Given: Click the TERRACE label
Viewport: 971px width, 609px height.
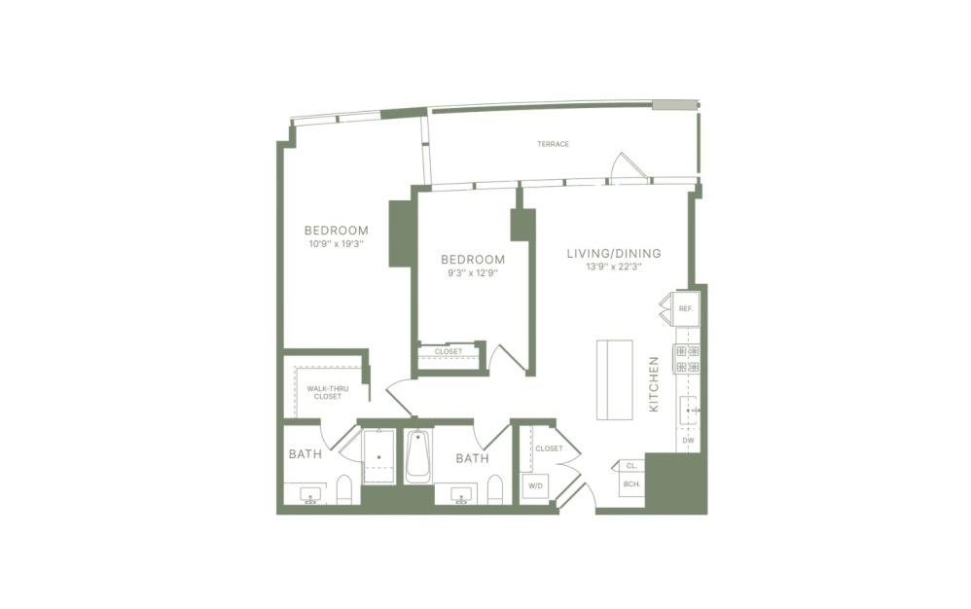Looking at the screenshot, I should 553,144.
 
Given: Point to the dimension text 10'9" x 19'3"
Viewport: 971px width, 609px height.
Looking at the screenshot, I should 335,244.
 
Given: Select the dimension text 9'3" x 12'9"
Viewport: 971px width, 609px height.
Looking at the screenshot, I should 473,273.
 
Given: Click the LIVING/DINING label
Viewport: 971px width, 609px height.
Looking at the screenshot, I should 614,253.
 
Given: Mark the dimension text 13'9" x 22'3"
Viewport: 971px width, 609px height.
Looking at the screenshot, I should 614,267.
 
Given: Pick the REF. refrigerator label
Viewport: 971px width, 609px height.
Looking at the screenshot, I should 685,308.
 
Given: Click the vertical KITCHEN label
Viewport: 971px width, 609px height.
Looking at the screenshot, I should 654,383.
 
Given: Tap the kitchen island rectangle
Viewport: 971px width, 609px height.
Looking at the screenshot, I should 615,378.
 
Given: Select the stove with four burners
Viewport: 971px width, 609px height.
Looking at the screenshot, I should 688,359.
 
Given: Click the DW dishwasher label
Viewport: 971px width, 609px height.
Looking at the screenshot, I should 687,441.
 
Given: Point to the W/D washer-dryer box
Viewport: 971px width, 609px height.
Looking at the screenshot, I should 535,484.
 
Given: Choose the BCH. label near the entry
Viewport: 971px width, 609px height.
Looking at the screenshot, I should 630,484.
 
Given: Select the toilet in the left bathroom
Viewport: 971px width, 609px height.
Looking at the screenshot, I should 343,489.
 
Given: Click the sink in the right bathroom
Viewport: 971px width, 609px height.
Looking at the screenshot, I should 461,496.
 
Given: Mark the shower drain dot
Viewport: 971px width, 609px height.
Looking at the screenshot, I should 378,456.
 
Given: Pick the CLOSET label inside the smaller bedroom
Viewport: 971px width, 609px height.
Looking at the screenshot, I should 449,351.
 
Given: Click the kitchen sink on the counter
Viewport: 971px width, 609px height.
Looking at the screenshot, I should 690,411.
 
